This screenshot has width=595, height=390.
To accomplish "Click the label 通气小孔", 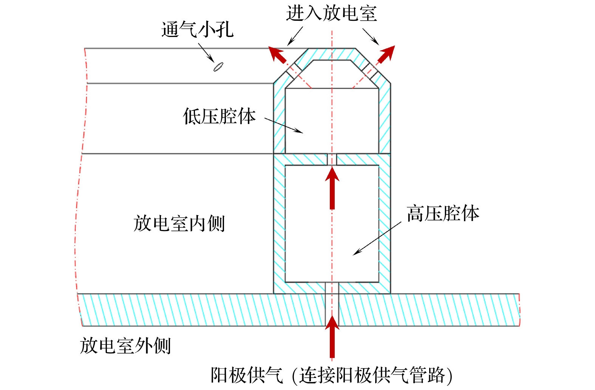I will [197, 29].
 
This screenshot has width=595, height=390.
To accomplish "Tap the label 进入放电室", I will [331, 13].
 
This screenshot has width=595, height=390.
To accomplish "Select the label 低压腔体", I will [219, 116].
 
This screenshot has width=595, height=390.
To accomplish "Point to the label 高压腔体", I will [443, 213].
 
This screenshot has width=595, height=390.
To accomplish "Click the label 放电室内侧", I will [179, 223].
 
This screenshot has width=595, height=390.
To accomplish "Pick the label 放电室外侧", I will [125, 345].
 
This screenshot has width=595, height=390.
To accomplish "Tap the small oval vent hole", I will [218, 67].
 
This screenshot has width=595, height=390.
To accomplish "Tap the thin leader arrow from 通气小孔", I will [206, 52].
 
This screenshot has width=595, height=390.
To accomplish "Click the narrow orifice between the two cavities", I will [332, 159].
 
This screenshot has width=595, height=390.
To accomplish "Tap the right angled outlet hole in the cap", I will [370, 71].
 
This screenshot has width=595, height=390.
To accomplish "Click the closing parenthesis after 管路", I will [449, 375].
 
